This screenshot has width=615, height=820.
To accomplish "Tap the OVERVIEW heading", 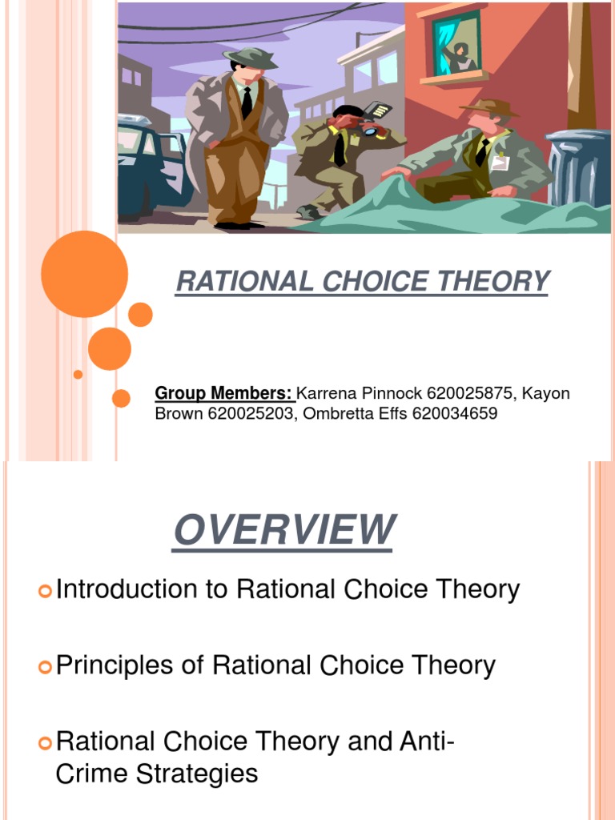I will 283,529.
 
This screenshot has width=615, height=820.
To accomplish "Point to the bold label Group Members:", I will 225,394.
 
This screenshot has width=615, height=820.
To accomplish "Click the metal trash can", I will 580,168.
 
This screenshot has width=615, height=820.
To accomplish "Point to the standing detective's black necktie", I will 247,102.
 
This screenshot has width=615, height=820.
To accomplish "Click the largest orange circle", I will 84,274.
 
